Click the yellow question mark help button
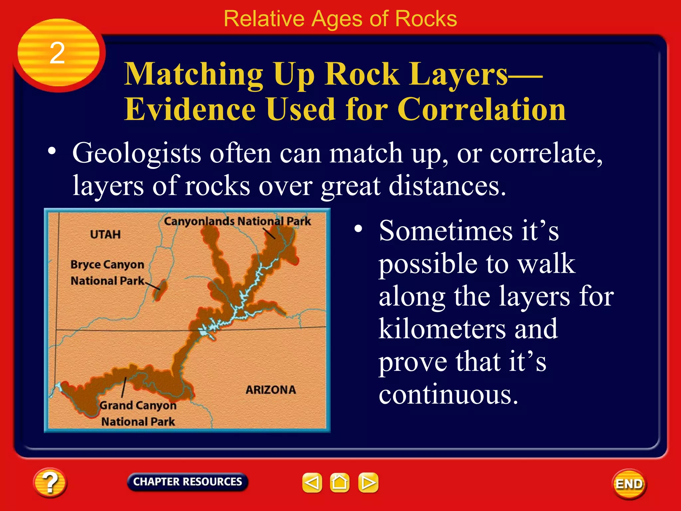point(50,482)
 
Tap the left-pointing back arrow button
point(312,482)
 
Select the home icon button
point(340,482)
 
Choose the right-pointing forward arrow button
point(368,482)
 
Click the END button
point(629,484)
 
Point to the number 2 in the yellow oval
point(57,53)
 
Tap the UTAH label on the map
point(105,235)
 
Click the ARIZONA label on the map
point(271,390)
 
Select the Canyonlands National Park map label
point(237,221)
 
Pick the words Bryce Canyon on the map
point(107,265)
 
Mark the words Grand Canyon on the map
point(138,406)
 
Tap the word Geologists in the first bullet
point(137,154)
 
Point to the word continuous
point(448,395)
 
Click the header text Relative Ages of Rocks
point(340,19)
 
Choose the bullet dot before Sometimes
point(358,229)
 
